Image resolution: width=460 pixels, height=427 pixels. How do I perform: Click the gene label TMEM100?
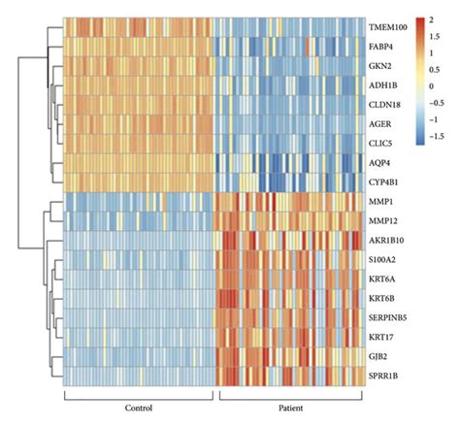click(387, 27)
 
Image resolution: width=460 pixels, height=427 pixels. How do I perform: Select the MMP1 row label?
click(380, 202)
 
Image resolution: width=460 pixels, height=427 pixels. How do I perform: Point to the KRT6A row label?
click(381, 279)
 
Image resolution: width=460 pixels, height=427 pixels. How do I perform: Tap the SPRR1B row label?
click(382, 375)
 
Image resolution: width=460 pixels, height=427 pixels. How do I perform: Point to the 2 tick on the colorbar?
click(431, 19)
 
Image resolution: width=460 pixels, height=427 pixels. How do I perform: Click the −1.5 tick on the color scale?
click(435, 138)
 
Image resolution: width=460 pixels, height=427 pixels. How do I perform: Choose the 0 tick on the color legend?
click(431, 86)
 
